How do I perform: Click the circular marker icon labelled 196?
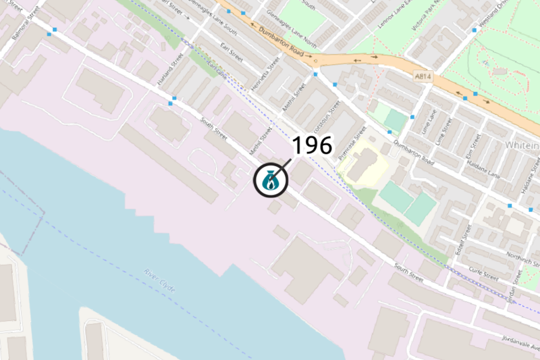pos(271,181)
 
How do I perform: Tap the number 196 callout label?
pos(312,145)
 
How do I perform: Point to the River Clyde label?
pos(159,280)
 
